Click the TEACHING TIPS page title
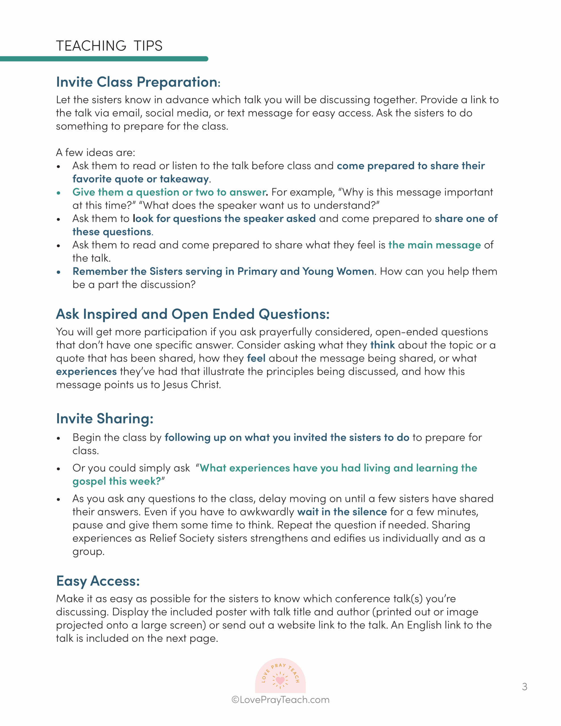coord(109,46)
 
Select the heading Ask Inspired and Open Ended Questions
coord(193,314)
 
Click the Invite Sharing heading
coord(105,419)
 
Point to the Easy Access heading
coord(98,581)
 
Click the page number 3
coord(524,687)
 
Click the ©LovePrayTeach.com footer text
coord(280,700)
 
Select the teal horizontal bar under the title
coord(104,59)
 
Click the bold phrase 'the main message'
coord(434,245)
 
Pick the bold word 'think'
coord(382,345)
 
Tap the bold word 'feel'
coord(256,358)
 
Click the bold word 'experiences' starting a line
coord(87,372)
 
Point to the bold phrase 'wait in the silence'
coord(342,512)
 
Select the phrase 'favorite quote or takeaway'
coord(141,179)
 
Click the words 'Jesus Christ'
coord(191,385)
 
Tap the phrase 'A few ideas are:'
coord(96,153)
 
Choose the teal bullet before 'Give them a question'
coord(58,193)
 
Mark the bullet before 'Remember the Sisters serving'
coord(58,272)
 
